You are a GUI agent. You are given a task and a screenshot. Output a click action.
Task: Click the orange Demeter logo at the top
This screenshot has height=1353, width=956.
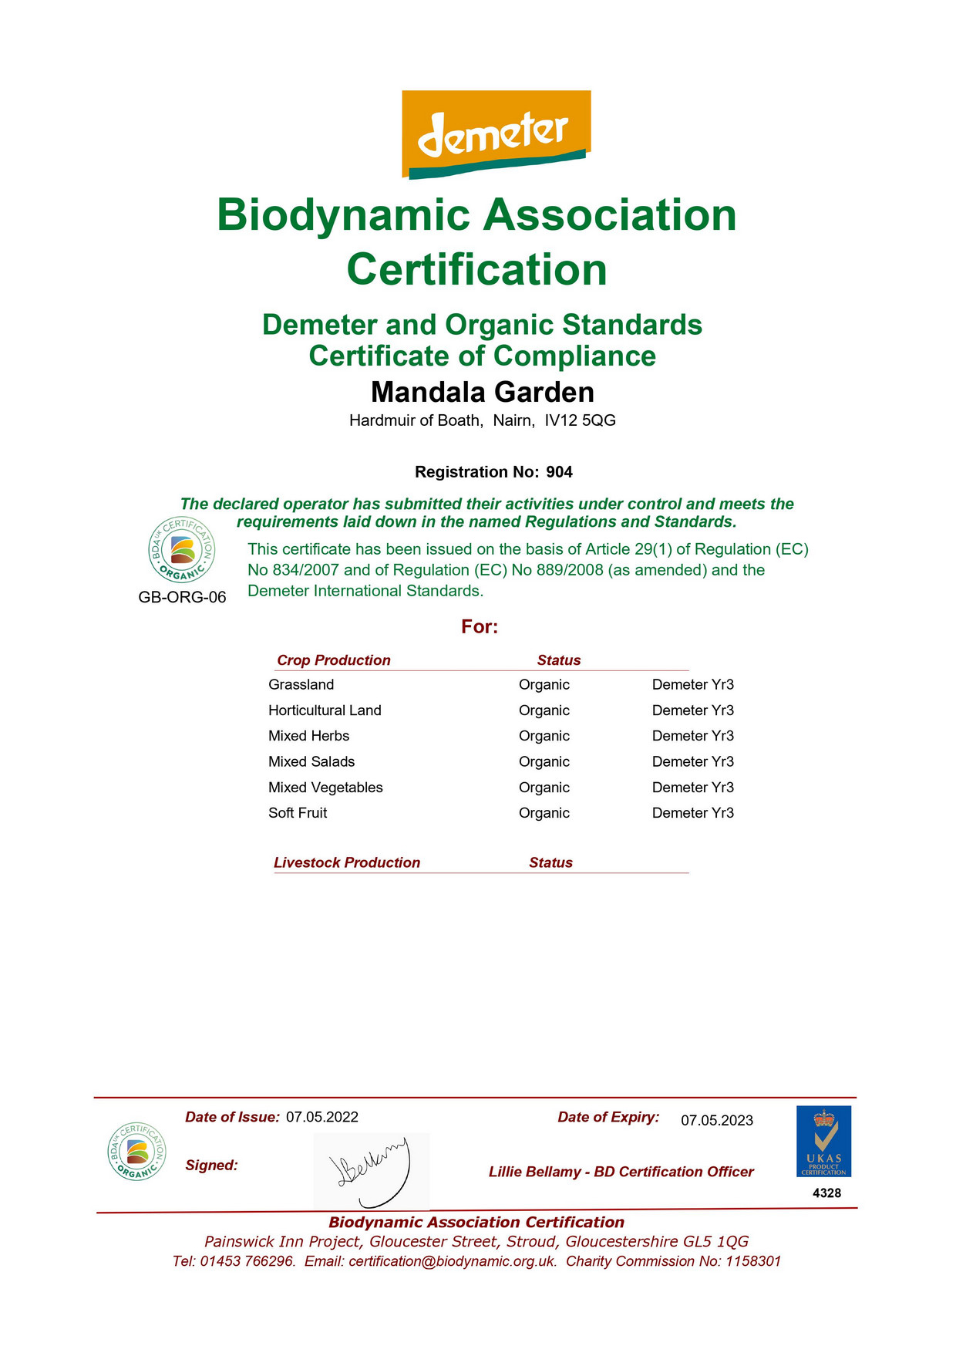496,133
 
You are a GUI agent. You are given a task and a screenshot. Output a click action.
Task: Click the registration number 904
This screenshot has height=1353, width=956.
559,472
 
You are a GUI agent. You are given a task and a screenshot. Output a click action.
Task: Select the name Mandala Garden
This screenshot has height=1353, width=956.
483,392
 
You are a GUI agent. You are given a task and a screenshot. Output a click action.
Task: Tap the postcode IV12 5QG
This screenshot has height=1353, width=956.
580,420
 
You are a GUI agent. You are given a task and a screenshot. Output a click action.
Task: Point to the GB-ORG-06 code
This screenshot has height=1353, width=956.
182,597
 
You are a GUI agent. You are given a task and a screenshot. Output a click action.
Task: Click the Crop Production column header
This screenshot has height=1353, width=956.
333,660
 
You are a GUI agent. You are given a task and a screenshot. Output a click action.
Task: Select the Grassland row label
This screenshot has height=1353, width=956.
301,684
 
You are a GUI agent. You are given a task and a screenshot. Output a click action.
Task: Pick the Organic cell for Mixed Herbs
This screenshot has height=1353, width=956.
544,736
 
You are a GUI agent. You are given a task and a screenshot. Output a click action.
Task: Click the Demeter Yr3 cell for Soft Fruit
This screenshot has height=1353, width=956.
692,813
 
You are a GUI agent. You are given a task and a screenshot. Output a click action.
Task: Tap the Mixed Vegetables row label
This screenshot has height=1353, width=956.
325,788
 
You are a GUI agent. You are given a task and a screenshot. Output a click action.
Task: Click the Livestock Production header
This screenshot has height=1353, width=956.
347,862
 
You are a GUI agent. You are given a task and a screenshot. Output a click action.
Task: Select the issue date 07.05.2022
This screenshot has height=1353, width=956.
321,1117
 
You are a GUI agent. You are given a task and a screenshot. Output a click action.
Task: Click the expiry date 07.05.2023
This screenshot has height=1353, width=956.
716,1121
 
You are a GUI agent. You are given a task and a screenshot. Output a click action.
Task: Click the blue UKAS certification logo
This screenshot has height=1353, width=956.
823,1141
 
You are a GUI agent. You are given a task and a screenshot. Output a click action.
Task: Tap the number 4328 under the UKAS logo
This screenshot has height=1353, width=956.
826,1193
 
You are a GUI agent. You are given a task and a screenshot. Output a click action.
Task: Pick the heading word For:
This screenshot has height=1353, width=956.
480,626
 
